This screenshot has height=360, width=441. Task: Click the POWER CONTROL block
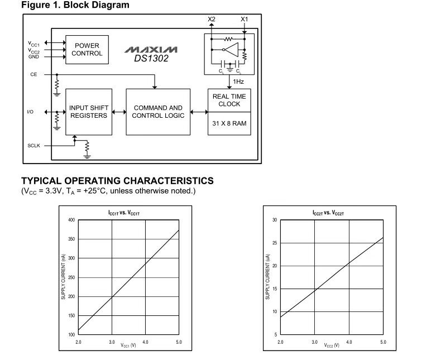click(87, 49)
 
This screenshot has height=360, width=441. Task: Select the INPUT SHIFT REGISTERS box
click(88, 111)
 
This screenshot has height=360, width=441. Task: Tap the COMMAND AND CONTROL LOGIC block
click(158, 111)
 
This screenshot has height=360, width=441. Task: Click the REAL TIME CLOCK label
click(229, 100)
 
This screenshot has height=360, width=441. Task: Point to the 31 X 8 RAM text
click(229, 123)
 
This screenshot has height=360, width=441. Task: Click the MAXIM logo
click(151, 50)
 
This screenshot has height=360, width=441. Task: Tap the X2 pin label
click(211, 19)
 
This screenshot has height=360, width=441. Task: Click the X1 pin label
click(244, 19)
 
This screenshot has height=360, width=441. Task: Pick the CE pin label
click(33, 74)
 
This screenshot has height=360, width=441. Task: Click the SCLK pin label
click(34, 146)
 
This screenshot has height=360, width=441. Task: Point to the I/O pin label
click(30, 112)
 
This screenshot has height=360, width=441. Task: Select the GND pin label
click(33, 56)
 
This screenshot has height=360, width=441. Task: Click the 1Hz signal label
click(238, 81)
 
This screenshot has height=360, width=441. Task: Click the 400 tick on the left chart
click(71, 220)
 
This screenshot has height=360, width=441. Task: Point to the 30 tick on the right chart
click(275, 220)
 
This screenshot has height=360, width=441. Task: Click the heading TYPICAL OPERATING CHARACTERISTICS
click(117, 181)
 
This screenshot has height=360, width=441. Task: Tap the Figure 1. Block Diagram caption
click(75, 6)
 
